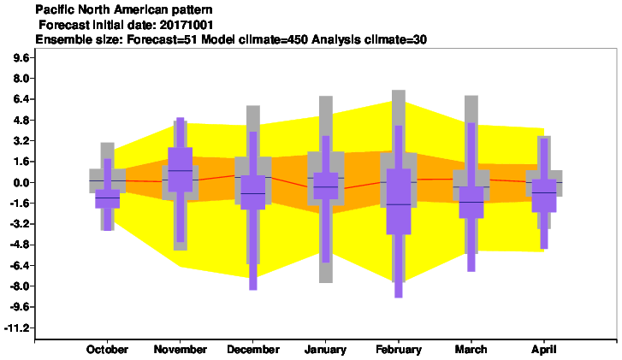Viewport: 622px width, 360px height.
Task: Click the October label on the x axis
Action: (x=107, y=350)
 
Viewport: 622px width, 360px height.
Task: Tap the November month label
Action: (x=180, y=350)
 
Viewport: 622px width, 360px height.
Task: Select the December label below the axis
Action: (x=253, y=350)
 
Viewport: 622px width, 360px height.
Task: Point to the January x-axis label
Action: (x=325, y=350)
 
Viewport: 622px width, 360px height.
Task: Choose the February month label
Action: (x=399, y=350)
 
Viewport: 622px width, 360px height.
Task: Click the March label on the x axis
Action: (x=471, y=350)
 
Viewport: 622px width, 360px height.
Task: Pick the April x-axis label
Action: (x=544, y=350)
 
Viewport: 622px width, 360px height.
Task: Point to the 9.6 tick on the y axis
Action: (x=21, y=58)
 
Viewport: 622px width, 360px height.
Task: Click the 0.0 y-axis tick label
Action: (x=21, y=183)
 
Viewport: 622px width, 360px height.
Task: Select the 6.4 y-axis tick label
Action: (x=21, y=99)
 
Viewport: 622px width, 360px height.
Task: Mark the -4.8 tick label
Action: (x=20, y=245)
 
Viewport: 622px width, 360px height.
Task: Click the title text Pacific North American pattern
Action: (x=124, y=9)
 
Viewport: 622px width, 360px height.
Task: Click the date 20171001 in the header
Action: (x=186, y=25)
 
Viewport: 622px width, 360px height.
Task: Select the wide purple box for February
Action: (x=399, y=202)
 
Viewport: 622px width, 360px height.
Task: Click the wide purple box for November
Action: (x=180, y=169)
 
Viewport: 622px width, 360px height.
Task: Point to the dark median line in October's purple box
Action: (x=108, y=198)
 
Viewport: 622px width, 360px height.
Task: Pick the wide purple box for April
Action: (x=544, y=196)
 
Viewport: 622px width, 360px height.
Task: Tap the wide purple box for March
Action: (x=471, y=202)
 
